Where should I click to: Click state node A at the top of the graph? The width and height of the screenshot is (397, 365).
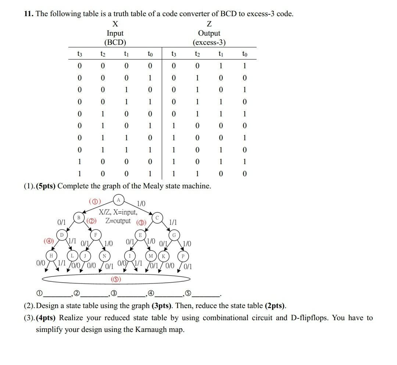coord(118,200)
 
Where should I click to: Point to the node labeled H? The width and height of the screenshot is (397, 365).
coord(51,255)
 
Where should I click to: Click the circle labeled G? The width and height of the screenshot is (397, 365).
coord(174,235)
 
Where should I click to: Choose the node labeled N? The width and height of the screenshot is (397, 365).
coord(104,256)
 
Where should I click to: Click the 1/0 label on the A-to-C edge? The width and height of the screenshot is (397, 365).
coord(141,203)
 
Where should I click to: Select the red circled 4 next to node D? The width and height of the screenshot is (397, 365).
coord(48,241)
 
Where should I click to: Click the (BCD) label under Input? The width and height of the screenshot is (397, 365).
coord(115,42)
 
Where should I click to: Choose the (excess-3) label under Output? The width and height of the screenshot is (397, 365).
coord(209,42)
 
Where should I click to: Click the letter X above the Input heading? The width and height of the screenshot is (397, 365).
coord(115,24)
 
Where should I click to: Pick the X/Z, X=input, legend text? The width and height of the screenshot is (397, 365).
coord(118,212)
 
